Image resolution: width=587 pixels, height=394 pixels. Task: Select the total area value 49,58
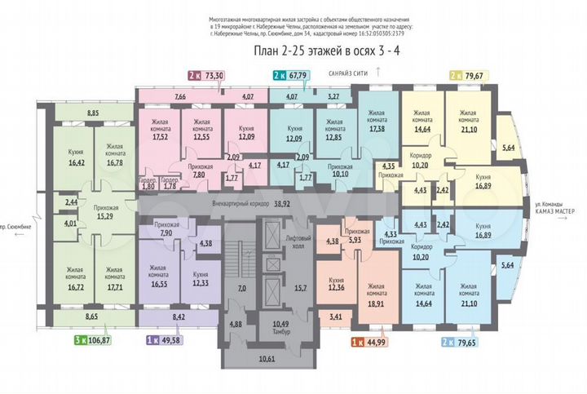coord(174,339)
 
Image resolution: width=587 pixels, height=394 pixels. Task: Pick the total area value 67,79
coord(298,75)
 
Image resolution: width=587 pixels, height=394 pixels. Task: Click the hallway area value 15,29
coord(106,217)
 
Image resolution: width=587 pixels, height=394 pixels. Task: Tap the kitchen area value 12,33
coord(200,282)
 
